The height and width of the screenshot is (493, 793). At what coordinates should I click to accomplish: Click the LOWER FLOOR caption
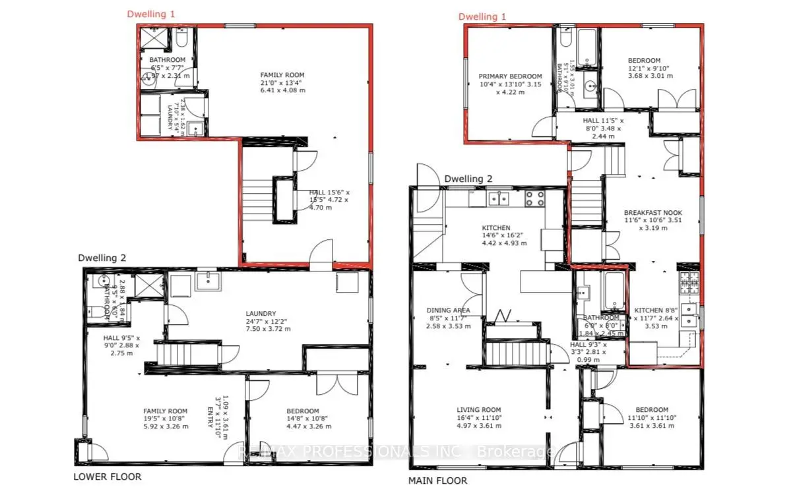click(x=107, y=477)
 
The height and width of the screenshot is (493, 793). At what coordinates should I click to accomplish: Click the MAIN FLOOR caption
click(x=437, y=480)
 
